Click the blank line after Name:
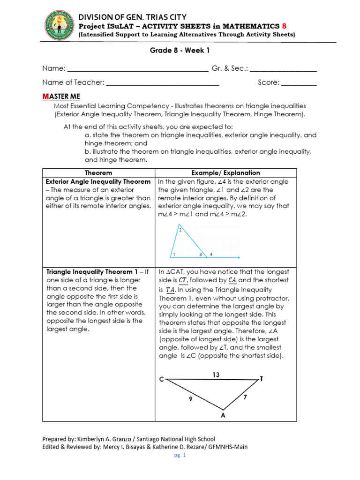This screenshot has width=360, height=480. pos(138,69)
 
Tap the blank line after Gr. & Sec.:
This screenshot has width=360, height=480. pos(283,69)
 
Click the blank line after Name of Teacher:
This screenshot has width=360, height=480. pos(163,83)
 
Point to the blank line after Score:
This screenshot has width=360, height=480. pos(299,83)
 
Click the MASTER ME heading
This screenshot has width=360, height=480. pos(61,96)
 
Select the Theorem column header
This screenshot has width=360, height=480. pos(98,173)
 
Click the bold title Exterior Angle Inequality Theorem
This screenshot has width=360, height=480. pos(98,181)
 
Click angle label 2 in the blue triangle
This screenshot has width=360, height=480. pos(180,230)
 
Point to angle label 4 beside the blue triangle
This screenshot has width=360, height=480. pos(211,255)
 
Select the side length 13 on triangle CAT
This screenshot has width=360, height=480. pos(216,375)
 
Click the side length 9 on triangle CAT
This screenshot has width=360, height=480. pos(191,399)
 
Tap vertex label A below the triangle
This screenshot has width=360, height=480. pos(223,415)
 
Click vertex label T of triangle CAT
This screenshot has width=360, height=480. pos(261,378)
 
